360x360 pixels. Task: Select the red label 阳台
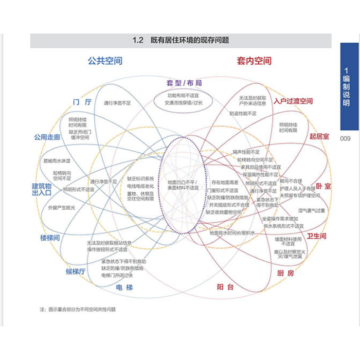(x=225, y=287)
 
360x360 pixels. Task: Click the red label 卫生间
(x=316, y=236)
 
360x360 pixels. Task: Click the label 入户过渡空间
(x=293, y=101)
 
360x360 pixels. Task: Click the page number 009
(x=345, y=138)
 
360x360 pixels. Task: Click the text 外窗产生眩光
(x=61, y=208)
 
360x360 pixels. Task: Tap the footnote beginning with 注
(x=77, y=309)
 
